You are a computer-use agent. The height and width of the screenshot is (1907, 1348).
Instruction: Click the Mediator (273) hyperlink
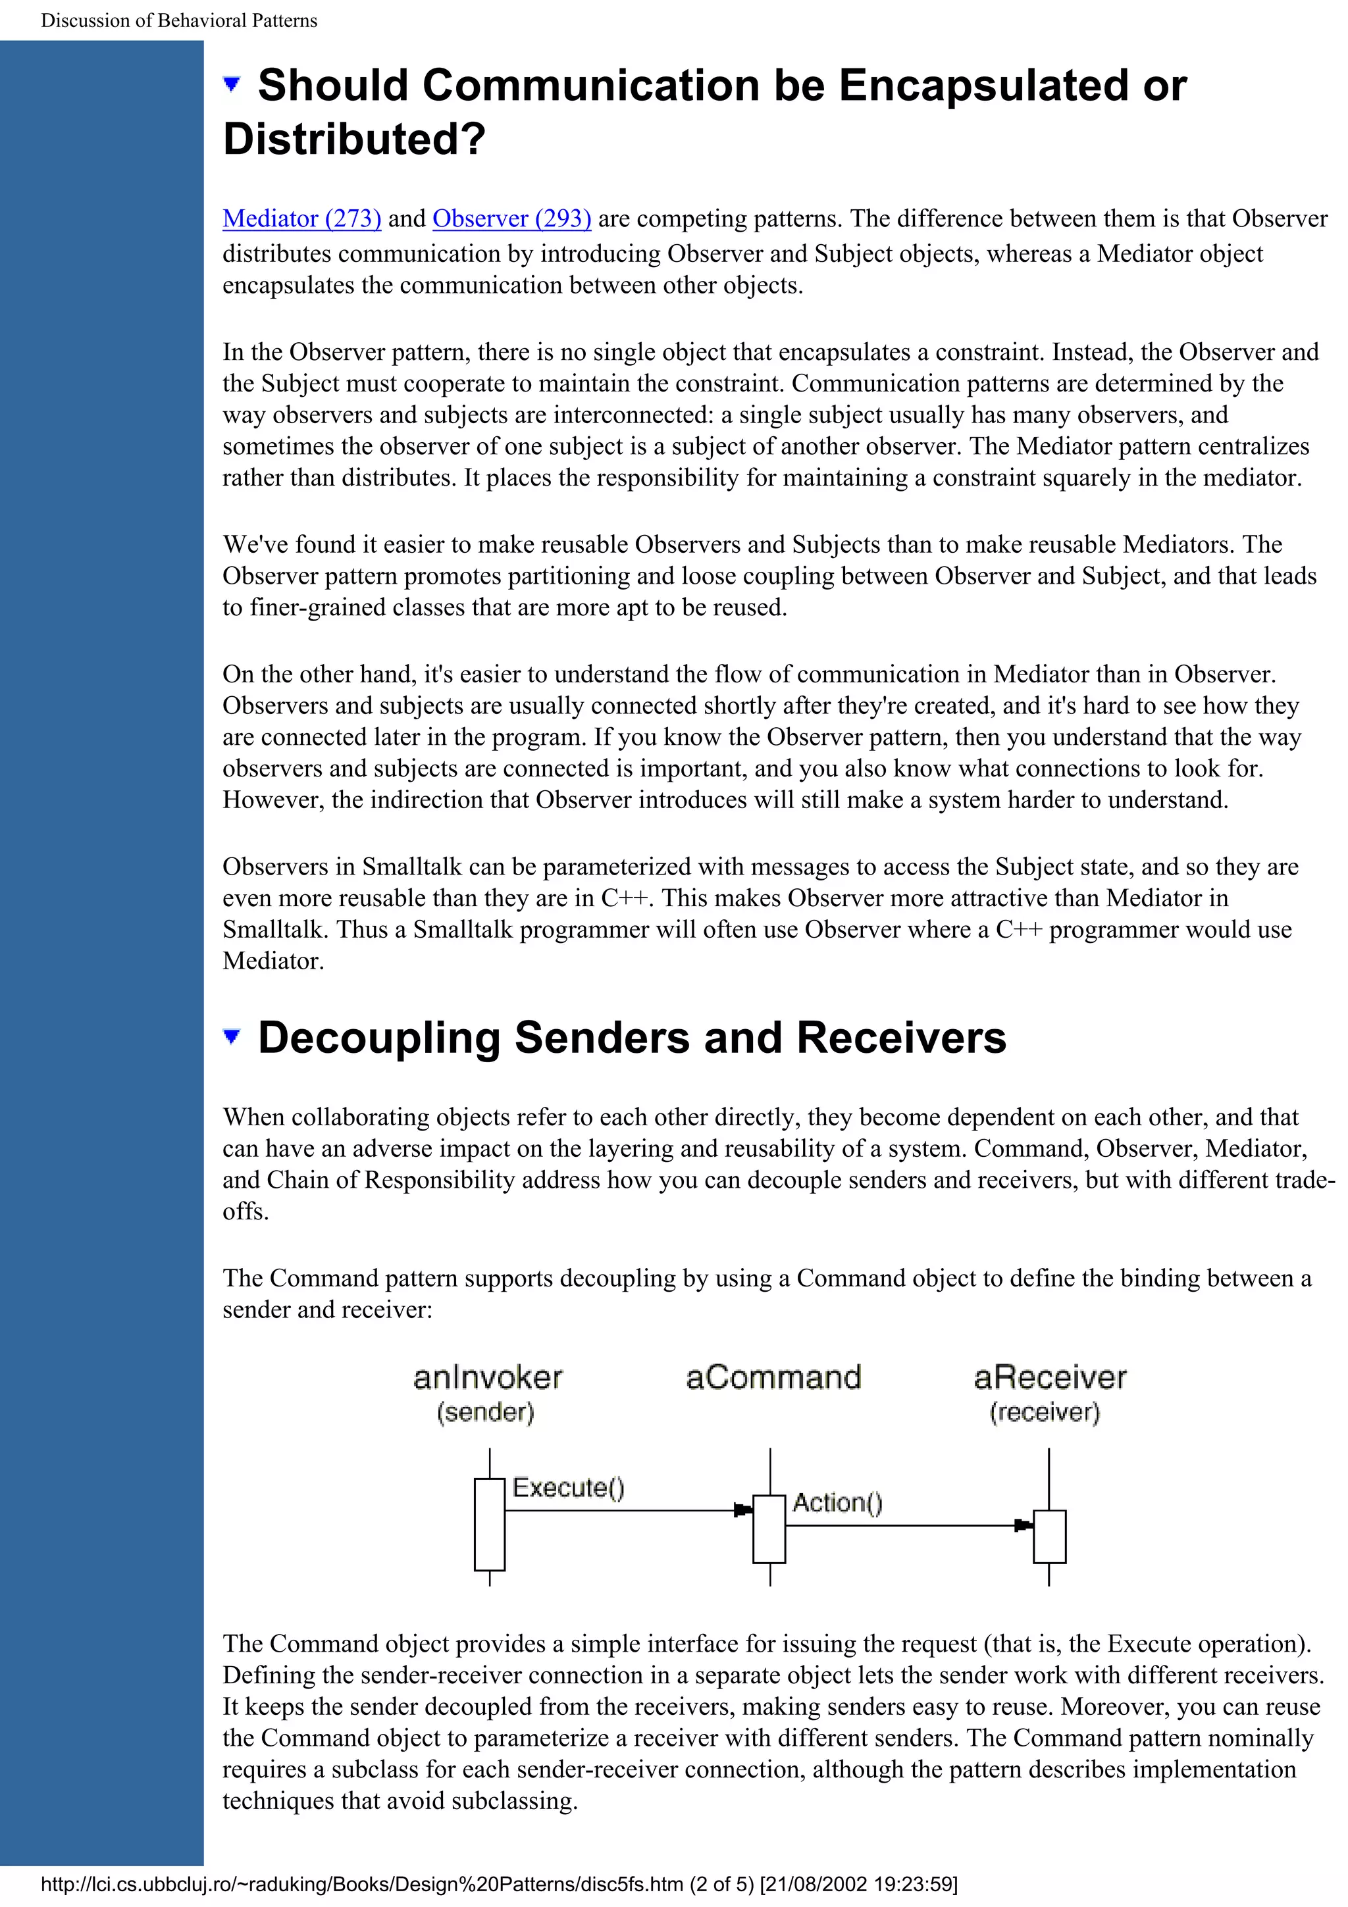click(301, 218)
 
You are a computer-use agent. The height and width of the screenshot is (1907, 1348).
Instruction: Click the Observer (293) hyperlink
click(511, 218)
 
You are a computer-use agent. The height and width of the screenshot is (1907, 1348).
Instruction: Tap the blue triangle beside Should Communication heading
click(232, 83)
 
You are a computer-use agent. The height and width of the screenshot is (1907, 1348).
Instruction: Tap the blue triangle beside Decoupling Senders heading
click(232, 1035)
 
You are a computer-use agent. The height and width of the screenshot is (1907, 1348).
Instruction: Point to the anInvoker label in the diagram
click(488, 1378)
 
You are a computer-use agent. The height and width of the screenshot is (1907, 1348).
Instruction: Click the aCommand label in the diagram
click(773, 1377)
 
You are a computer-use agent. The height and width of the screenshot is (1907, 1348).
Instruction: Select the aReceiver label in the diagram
click(1050, 1377)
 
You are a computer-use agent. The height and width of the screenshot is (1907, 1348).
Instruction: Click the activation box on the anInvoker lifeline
click(489, 1524)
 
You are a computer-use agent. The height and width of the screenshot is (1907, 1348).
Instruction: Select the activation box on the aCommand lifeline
click(769, 1529)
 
